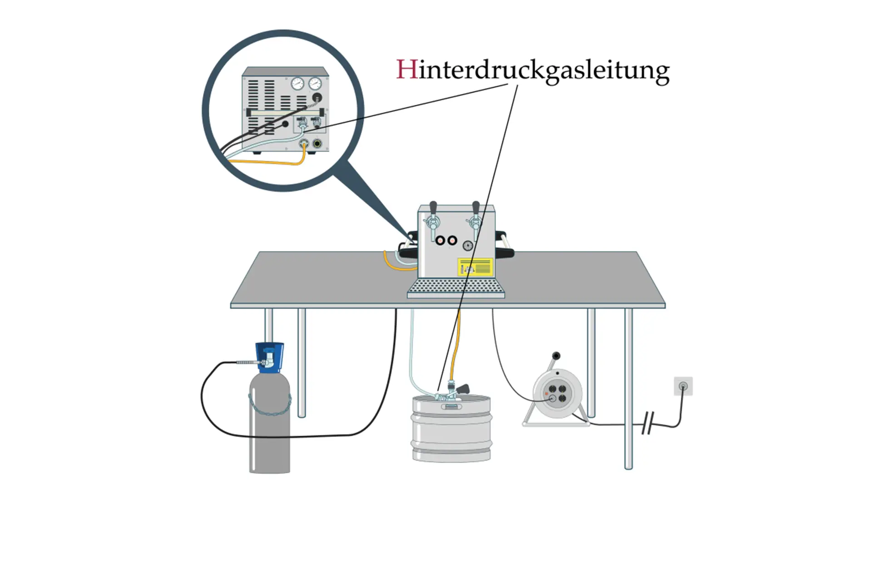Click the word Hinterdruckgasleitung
532,71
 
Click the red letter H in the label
406,70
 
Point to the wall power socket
683,386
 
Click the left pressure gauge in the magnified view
298,84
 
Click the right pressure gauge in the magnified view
315,84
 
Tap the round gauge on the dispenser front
467,246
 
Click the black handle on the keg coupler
463,389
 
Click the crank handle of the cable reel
556,356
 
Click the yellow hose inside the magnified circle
272,162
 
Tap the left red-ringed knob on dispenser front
440,241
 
